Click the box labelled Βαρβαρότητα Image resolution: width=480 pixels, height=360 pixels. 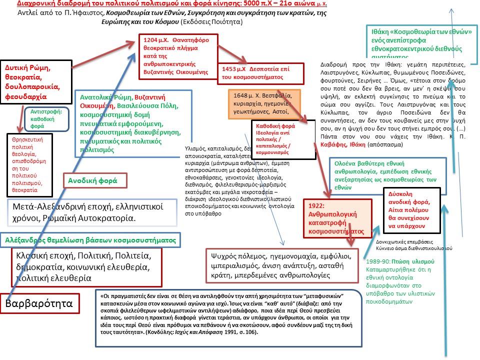tap(42, 303)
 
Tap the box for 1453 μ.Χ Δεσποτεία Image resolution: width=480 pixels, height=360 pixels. tap(260, 73)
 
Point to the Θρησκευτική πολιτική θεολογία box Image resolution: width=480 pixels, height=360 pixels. tap(30, 165)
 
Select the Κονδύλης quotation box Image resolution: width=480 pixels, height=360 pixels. tap(227, 318)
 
